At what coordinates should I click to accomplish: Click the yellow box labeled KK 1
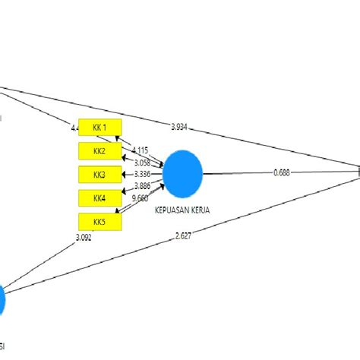(x=99, y=127)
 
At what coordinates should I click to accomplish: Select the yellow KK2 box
(x=99, y=151)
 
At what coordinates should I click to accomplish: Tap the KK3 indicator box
(x=99, y=175)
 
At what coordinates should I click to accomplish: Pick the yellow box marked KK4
(x=99, y=198)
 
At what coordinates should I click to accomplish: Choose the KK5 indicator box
(x=99, y=222)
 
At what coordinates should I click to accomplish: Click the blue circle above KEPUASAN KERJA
(x=183, y=172)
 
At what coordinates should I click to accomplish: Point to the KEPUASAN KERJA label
(x=184, y=208)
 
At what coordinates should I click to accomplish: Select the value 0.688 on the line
(x=282, y=173)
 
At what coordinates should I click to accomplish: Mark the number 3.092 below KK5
(x=84, y=238)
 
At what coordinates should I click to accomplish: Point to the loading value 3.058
(x=141, y=163)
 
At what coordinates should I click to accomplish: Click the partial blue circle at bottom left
(x=2, y=301)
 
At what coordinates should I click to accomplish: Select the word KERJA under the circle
(x=201, y=208)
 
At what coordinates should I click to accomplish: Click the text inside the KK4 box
(x=99, y=198)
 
